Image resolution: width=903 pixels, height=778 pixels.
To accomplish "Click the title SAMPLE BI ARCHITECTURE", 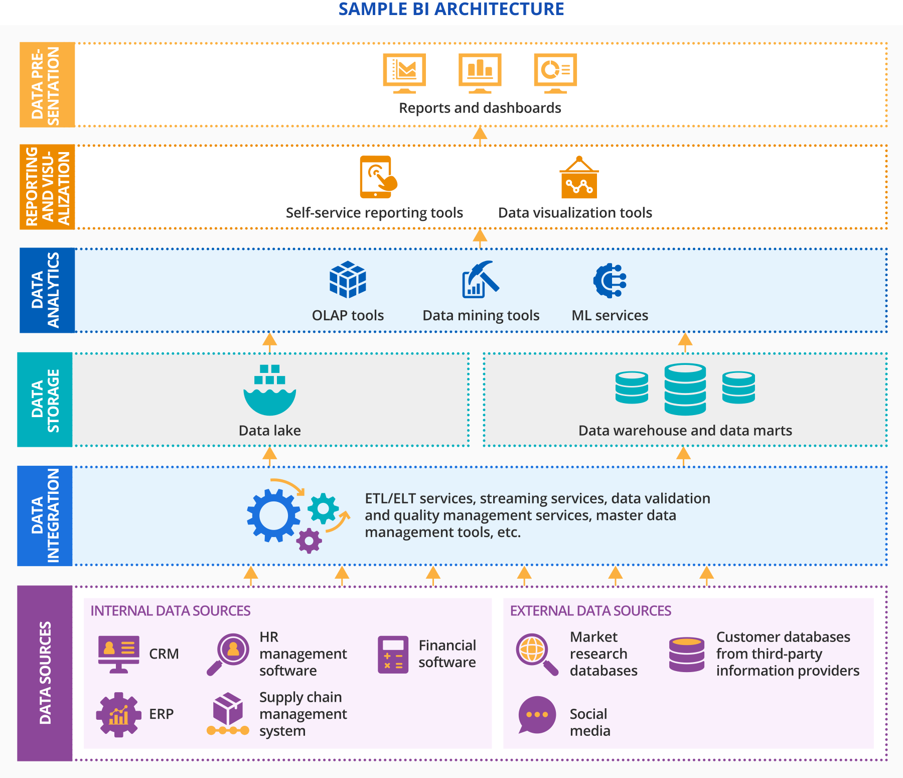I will pyautogui.click(x=451, y=9).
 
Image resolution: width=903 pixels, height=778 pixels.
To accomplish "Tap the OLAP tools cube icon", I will pyautogui.click(x=348, y=280).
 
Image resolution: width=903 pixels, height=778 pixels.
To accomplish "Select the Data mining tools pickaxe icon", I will pyautogui.click(x=480, y=280).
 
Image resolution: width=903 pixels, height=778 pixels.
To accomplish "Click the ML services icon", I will pyautogui.click(x=610, y=280).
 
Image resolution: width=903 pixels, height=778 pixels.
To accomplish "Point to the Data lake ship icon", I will pyautogui.click(x=270, y=391).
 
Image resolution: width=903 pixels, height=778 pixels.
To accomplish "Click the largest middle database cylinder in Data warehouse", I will pyautogui.click(x=685, y=390).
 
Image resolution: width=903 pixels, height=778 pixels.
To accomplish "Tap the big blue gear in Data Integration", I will pyautogui.click(x=273, y=515).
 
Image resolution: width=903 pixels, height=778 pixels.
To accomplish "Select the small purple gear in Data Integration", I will pyautogui.click(x=309, y=541).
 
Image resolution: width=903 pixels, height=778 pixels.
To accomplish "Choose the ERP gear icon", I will pyautogui.click(x=118, y=714).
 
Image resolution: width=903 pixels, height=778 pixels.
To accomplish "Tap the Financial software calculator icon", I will pyautogui.click(x=393, y=655).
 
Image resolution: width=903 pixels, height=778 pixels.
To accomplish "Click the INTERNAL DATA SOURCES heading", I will pyautogui.click(x=170, y=611).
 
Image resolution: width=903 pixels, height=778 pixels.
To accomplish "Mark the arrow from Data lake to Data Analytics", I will pyautogui.click(x=270, y=342).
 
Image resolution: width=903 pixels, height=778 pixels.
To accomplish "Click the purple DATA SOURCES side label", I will pyautogui.click(x=45, y=673).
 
